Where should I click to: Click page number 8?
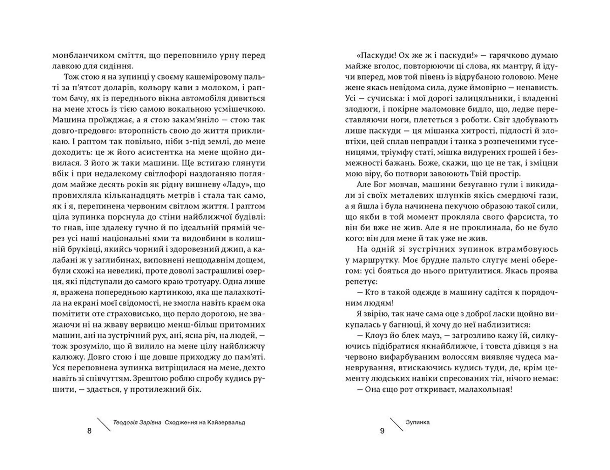(89, 431)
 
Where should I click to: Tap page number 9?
(382, 431)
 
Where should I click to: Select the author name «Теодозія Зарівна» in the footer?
(137, 423)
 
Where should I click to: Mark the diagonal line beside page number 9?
(396, 424)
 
